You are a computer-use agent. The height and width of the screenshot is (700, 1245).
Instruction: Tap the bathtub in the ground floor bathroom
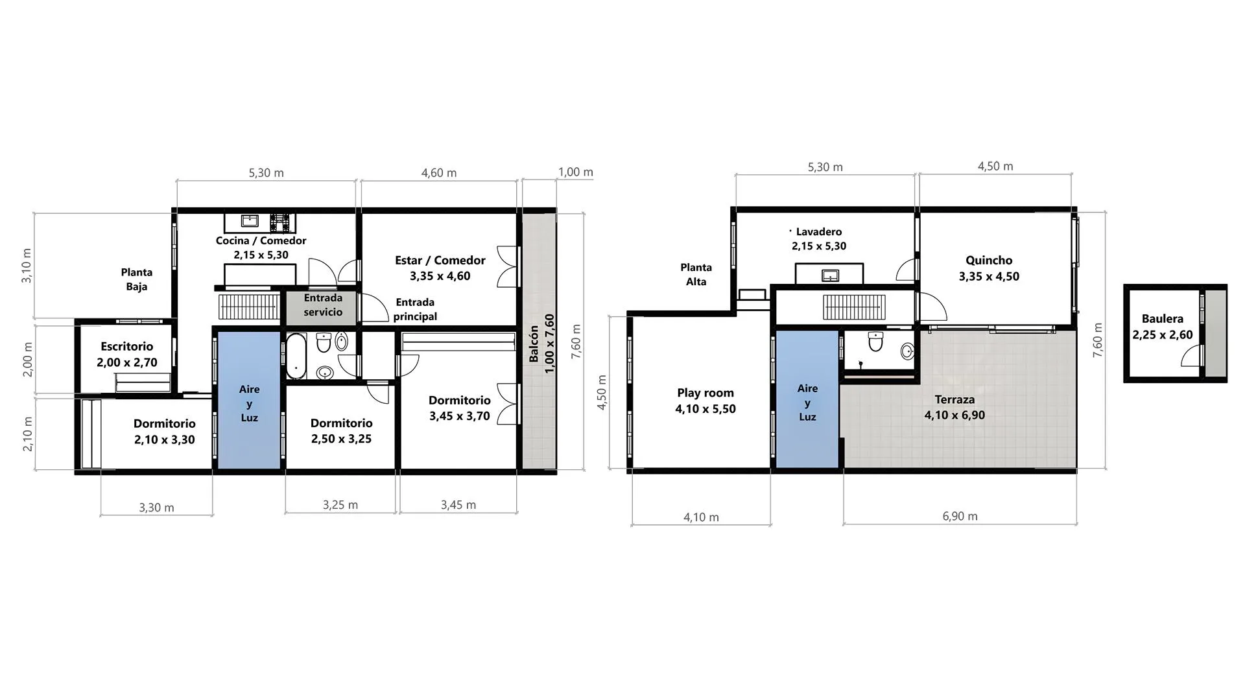[x=296, y=356]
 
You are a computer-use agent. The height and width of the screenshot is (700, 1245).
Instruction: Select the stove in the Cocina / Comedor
[x=282, y=222]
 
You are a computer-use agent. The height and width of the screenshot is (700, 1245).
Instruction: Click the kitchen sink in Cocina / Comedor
[x=250, y=221]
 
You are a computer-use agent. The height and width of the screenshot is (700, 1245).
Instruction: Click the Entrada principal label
[x=415, y=309]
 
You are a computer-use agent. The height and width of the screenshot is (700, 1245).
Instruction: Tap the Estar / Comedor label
[x=440, y=268]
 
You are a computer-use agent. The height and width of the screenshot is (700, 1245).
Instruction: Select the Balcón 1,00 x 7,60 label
[x=541, y=344]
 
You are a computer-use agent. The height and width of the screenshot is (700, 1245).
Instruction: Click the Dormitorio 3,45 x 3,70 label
[x=459, y=408]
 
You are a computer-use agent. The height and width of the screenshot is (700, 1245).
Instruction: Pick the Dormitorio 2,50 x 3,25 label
[x=341, y=430]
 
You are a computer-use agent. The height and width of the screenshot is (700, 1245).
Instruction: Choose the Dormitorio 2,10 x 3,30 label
[x=165, y=431]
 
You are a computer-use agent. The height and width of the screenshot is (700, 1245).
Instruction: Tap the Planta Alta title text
[x=696, y=274]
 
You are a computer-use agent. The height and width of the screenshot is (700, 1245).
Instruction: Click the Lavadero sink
[x=830, y=275]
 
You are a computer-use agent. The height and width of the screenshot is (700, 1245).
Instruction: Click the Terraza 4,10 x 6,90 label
[x=954, y=407]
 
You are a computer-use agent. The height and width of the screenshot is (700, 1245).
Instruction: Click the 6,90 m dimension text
[x=960, y=517]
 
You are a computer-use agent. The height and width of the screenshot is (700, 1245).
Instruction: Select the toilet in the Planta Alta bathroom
[x=875, y=342]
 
